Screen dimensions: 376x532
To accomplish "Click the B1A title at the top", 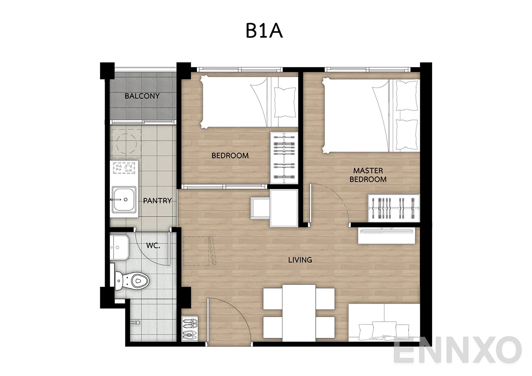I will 264,31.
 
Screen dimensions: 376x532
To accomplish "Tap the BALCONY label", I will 142,96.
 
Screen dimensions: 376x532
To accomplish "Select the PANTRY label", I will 157,201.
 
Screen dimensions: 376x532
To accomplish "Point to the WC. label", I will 153,245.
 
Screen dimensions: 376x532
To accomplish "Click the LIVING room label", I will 300,260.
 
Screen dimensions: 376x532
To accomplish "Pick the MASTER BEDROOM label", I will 368,175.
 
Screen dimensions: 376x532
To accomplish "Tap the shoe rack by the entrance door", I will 190,329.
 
